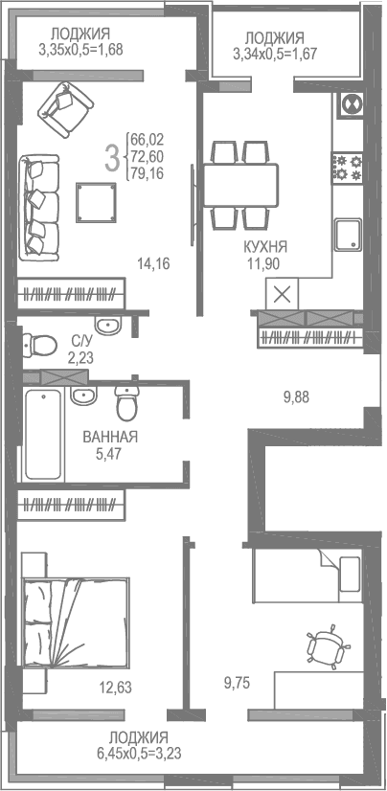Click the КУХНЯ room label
click(265, 246)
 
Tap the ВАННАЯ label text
click(110, 437)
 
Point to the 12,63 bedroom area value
click(116, 685)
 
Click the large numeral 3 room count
click(112, 156)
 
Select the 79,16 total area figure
click(148, 172)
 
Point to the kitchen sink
click(347, 233)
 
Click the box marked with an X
click(283, 293)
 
